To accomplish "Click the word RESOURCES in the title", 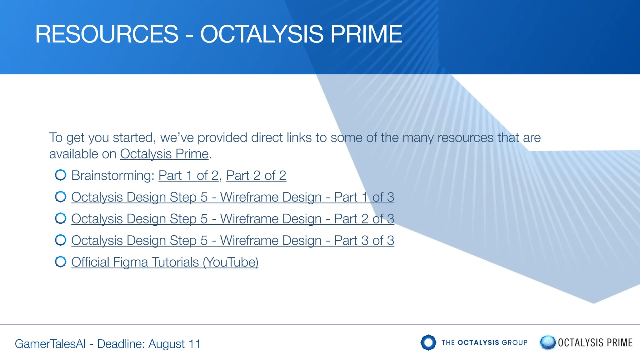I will click(107, 34).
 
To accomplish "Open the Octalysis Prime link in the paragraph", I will click(164, 154).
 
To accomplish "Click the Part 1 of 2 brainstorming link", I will click(188, 176).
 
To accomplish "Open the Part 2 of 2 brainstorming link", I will click(256, 176).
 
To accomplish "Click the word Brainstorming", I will click(112, 176).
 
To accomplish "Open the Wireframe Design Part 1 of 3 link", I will click(232, 197).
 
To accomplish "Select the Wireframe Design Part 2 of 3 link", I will click(232, 219).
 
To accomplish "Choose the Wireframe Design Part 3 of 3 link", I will click(232, 241).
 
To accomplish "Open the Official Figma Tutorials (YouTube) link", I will click(165, 262).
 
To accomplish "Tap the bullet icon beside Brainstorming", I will click(61, 175).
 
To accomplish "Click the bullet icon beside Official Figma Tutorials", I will click(61, 262).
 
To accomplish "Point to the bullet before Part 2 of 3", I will click(61, 218).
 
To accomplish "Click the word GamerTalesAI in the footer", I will click(50, 344).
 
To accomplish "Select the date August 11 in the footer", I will click(174, 344).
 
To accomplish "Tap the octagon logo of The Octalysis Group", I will click(428, 342).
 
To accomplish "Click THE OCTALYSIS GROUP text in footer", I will click(484, 342).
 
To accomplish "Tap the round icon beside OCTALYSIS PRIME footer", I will click(547, 342).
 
